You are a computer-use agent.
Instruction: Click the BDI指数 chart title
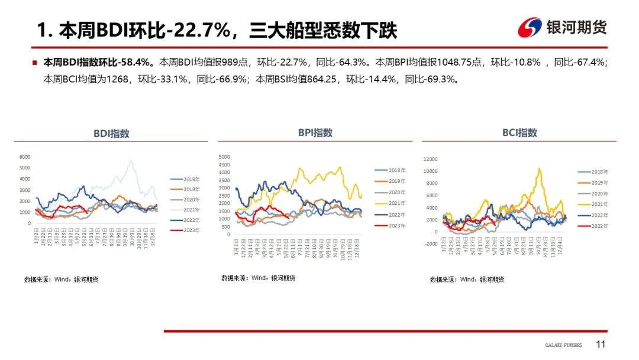tap(111, 134)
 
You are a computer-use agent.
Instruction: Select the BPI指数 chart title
tap(315, 133)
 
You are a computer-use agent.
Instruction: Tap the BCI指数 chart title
tap(519, 133)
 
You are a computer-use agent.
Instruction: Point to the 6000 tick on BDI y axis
tap(25, 157)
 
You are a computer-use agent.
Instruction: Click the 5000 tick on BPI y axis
tap(224, 157)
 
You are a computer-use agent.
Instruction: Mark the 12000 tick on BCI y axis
tap(429, 159)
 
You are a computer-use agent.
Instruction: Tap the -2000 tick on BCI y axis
tap(430, 243)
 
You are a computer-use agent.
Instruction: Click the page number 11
tap(601, 345)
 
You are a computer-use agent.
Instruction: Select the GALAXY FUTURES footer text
tap(563, 345)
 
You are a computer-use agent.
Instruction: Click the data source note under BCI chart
tap(467, 279)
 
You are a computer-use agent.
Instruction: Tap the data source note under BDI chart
tap(61, 279)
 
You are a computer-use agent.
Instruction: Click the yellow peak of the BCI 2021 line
tap(539, 169)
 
